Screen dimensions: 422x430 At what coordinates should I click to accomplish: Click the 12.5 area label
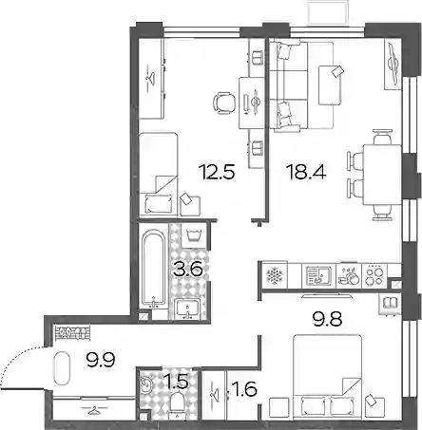click(x=217, y=172)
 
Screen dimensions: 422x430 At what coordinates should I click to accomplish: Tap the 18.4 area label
click(x=306, y=172)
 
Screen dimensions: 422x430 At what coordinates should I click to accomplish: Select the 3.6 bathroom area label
click(x=188, y=270)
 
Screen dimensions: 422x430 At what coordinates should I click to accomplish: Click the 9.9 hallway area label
click(x=101, y=359)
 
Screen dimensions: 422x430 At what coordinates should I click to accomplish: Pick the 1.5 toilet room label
click(x=177, y=382)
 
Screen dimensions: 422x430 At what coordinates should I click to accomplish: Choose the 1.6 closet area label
click(x=245, y=389)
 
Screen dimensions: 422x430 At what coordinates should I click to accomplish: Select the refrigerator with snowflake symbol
click(x=274, y=275)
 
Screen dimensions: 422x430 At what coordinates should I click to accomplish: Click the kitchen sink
click(x=318, y=275)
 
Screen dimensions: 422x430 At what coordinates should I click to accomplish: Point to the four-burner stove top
click(x=374, y=276)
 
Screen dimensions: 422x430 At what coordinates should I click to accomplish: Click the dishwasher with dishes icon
click(x=349, y=275)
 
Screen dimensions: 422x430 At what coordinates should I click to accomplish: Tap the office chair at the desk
click(x=224, y=102)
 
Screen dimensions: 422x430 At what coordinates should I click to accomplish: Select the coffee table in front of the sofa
click(x=330, y=85)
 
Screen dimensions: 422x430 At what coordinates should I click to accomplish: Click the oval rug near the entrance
click(x=62, y=368)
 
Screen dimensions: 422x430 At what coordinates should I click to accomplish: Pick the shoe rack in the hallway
click(x=72, y=333)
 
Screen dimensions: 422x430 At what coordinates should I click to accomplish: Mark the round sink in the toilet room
click(x=147, y=384)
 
